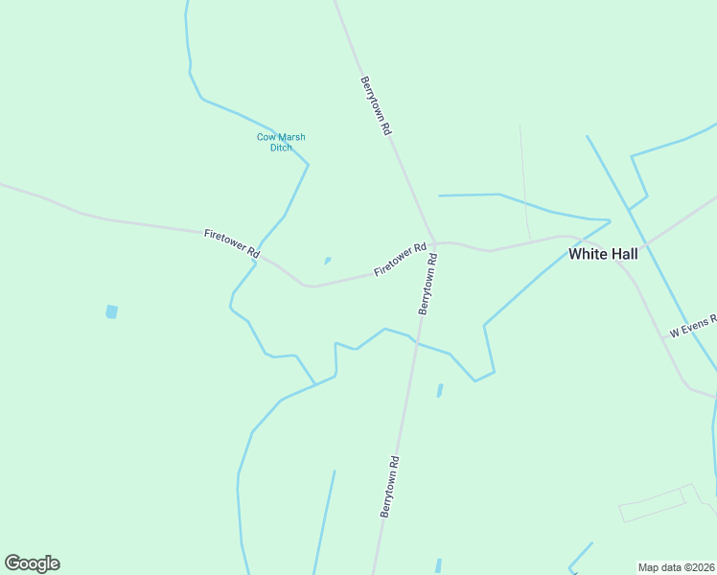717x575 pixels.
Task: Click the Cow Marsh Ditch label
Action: click(x=281, y=142)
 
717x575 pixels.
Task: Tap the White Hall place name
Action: click(x=603, y=254)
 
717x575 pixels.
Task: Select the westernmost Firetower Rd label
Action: click(x=232, y=243)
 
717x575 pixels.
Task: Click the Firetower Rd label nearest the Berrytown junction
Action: click(x=400, y=259)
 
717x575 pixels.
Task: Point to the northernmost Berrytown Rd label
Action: click(x=376, y=104)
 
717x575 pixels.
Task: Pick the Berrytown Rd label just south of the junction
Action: click(x=428, y=285)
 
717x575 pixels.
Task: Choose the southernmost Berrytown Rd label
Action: click(x=389, y=487)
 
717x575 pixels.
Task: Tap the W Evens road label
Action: click(x=693, y=328)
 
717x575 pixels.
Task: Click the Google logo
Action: click(x=32, y=563)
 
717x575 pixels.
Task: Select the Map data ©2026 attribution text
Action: click(x=677, y=566)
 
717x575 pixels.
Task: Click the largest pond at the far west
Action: click(x=111, y=311)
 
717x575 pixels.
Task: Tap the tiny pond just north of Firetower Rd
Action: click(x=327, y=260)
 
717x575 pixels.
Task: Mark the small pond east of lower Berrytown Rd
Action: click(x=440, y=390)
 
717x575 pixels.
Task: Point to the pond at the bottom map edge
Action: click(x=438, y=565)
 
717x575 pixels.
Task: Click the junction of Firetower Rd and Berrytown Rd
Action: click(x=433, y=241)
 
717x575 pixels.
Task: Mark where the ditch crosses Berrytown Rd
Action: click(x=415, y=341)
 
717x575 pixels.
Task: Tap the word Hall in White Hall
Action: click(x=622, y=254)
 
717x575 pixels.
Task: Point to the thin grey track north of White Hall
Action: click(x=524, y=182)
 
